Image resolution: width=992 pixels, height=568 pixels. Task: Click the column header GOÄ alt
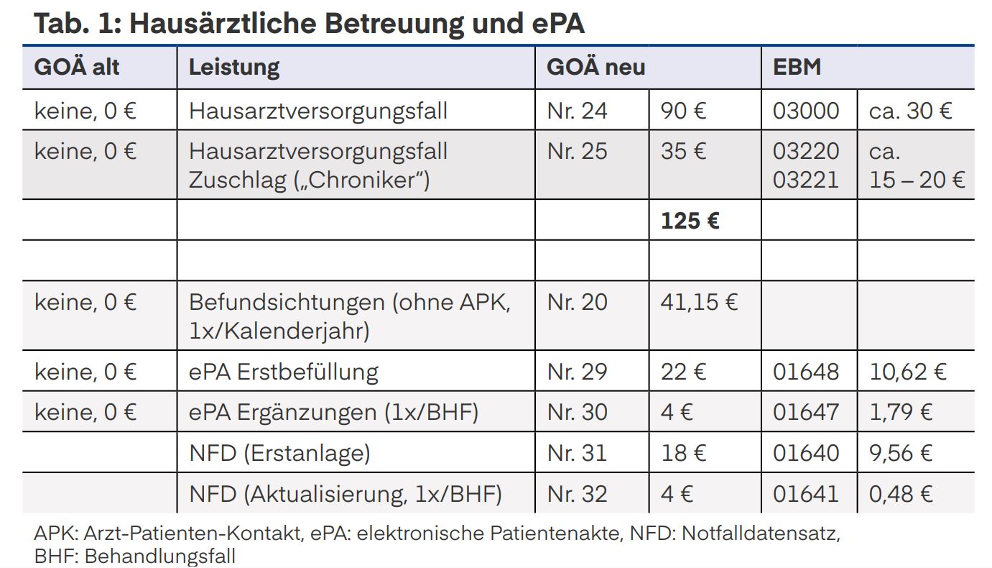pyautogui.click(x=77, y=68)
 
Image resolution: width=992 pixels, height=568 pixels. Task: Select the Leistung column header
pyautogui.click(x=233, y=68)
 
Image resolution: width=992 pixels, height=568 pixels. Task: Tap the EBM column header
pyautogui.click(x=797, y=68)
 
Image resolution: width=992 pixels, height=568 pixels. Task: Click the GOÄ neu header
pyautogui.click(x=595, y=68)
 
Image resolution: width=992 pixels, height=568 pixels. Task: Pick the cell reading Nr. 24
pyautogui.click(x=577, y=111)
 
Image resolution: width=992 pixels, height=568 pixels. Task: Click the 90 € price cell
pyautogui.click(x=683, y=111)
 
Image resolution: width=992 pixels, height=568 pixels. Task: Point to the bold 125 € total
pyautogui.click(x=690, y=220)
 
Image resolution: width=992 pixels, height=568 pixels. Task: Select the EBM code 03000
pyautogui.click(x=805, y=111)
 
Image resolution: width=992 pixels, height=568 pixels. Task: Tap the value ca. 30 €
pyautogui.click(x=910, y=111)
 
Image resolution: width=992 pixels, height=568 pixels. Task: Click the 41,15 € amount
pyautogui.click(x=698, y=302)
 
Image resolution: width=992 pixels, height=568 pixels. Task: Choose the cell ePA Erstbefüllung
pyautogui.click(x=283, y=372)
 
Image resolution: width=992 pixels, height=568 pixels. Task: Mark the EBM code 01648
pyautogui.click(x=805, y=372)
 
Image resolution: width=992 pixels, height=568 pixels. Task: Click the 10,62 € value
pyautogui.click(x=907, y=372)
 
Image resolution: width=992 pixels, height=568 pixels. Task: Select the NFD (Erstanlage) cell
pyautogui.click(x=279, y=453)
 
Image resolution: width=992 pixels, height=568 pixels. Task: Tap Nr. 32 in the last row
pyautogui.click(x=577, y=494)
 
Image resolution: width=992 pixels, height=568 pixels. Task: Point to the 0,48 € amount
pyautogui.click(x=901, y=494)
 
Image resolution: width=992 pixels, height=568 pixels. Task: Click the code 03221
pyautogui.click(x=805, y=179)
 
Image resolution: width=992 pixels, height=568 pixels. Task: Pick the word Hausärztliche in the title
pyautogui.click(x=223, y=24)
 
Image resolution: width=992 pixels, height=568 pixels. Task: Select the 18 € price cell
pyautogui.click(x=683, y=453)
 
